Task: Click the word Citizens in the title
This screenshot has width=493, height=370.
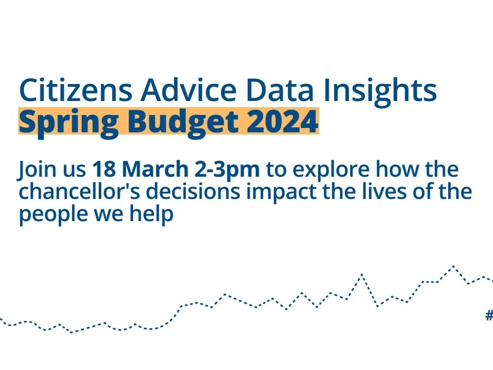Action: [75, 90]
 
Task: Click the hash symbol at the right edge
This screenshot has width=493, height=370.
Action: [489, 315]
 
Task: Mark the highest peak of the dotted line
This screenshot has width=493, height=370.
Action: [454, 266]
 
